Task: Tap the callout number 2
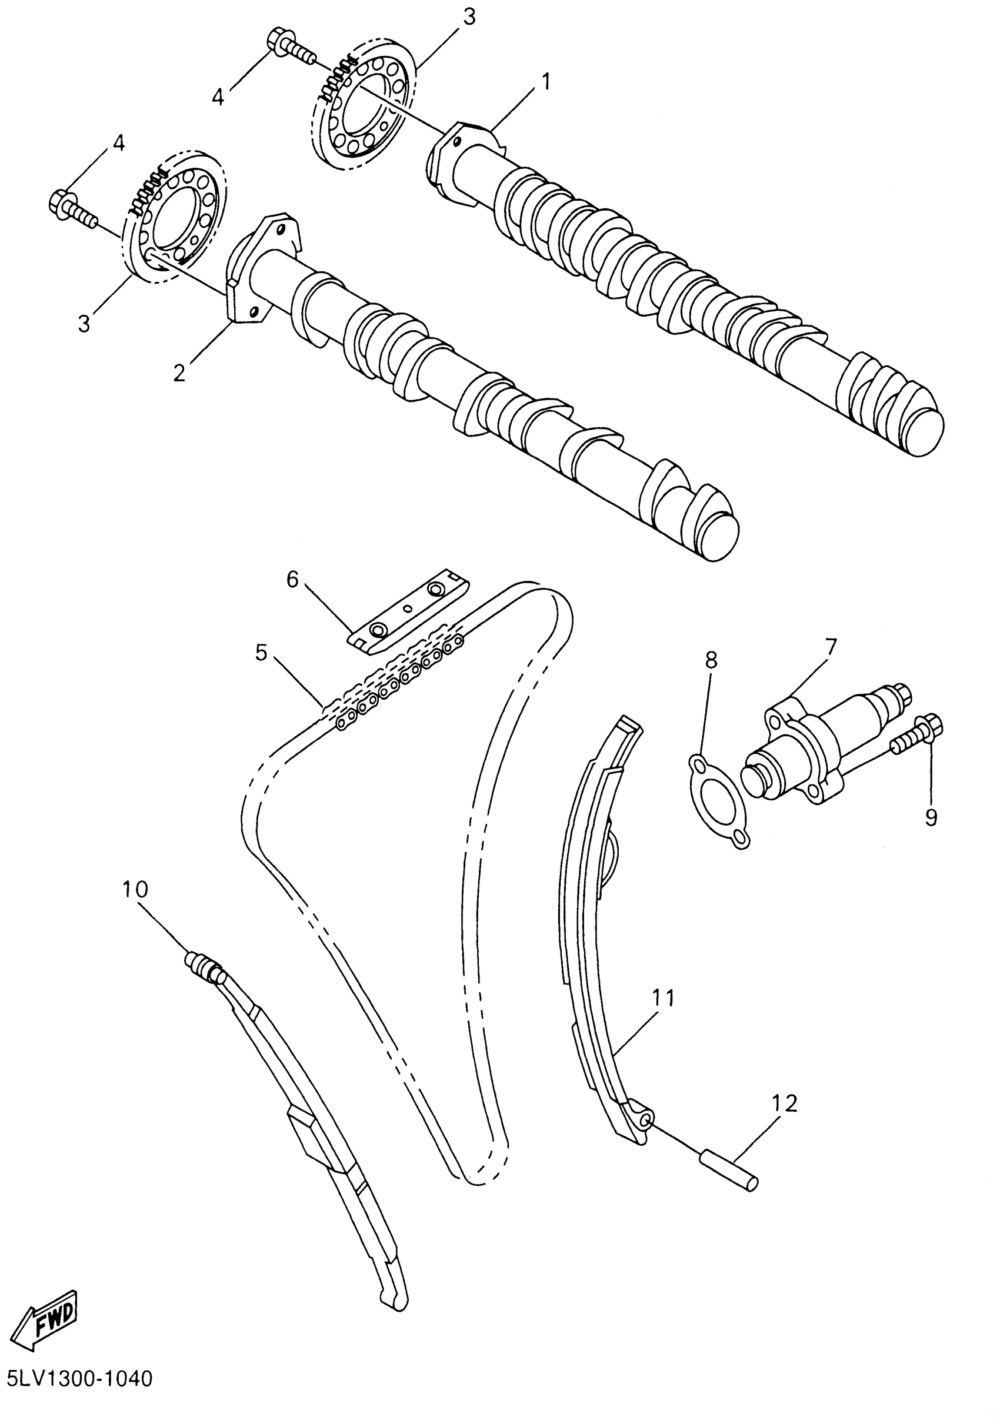pos(179,373)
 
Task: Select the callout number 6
pos(292,580)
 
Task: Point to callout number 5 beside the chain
pos(260,653)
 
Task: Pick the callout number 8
pos(711,660)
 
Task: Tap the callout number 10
pos(135,890)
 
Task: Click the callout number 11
pos(662,999)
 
